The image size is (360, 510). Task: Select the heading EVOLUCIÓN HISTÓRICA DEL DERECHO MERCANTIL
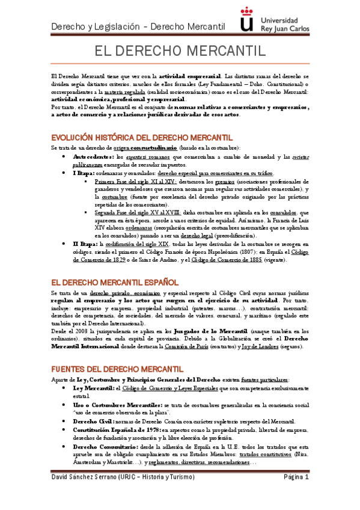tap(142, 137)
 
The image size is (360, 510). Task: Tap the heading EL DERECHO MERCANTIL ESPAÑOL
tap(114, 282)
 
